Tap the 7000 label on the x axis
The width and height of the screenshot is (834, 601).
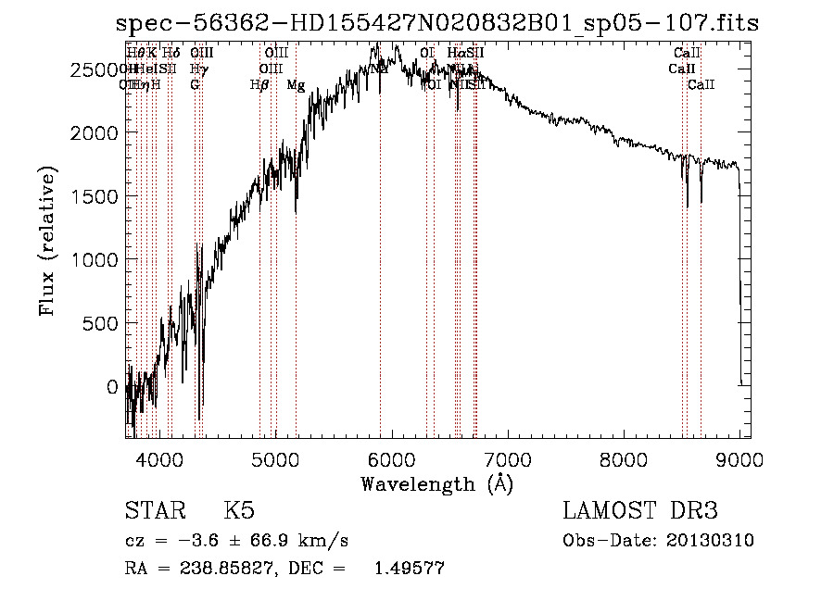point(508,457)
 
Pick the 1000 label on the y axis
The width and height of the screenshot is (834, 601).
point(100,260)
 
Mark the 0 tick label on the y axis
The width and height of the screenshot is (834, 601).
point(114,387)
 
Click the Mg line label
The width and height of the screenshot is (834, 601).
point(296,85)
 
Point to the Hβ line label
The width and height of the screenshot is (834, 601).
point(259,85)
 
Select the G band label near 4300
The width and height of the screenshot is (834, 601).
point(195,85)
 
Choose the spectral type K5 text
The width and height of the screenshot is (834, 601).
point(239,512)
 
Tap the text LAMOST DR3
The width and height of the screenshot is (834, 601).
point(639,512)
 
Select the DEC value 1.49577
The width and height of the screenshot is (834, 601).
point(409,569)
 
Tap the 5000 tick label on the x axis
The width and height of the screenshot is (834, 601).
point(275,457)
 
